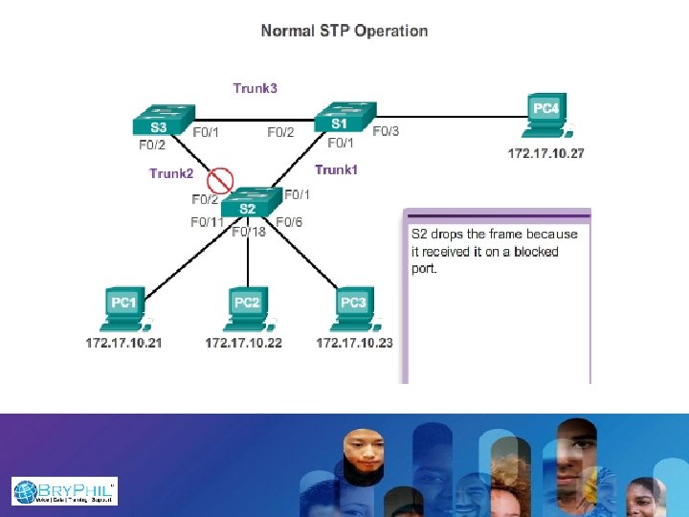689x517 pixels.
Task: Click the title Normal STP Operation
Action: click(x=344, y=31)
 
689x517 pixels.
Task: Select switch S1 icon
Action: click(x=341, y=119)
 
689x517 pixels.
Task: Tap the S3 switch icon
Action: click(x=162, y=123)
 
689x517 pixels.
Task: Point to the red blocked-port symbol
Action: click(x=221, y=178)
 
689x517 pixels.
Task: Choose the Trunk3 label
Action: click(x=256, y=88)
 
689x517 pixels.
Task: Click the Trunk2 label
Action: click(x=171, y=174)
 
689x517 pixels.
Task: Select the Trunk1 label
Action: click(x=336, y=169)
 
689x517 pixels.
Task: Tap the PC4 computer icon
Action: click(x=547, y=115)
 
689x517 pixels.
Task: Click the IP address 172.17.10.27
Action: click(x=545, y=153)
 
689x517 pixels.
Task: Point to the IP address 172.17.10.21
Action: click(x=123, y=342)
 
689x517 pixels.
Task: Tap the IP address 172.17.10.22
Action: click(x=244, y=342)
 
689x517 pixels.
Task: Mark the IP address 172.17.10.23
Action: click(x=354, y=342)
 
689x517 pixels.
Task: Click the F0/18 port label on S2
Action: click(x=249, y=231)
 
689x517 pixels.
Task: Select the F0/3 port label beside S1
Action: click(x=386, y=131)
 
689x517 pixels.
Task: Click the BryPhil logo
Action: click(x=64, y=491)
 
